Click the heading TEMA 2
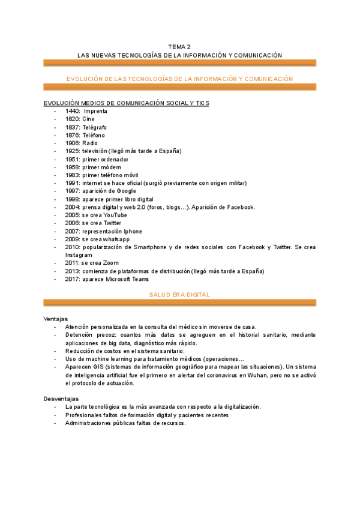pos(179,46)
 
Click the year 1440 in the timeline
pos(73,111)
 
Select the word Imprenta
pos(97,111)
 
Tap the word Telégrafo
pos(95,127)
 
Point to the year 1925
pos(73,151)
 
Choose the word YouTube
pos(115,215)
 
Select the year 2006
pos(73,223)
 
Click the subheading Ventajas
pos(56,319)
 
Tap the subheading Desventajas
pos(61,399)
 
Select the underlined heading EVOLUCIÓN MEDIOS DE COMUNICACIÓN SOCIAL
pos(118,103)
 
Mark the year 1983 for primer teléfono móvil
pos(73,175)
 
